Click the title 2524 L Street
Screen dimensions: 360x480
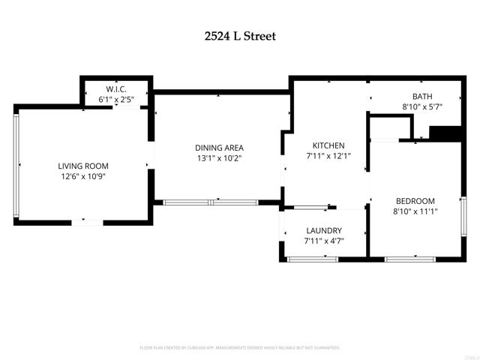(x=240, y=35)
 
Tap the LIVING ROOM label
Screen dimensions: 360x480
(x=83, y=166)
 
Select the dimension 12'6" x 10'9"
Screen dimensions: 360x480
(x=83, y=176)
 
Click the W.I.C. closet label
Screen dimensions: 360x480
(x=117, y=88)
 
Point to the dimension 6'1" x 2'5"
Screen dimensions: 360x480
(x=117, y=98)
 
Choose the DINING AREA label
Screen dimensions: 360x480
(x=219, y=148)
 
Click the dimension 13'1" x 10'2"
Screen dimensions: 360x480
(x=219, y=158)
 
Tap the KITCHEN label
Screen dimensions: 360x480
(x=328, y=145)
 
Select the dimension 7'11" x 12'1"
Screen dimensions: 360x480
(x=328, y=156)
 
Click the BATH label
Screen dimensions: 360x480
(x=421, y=96)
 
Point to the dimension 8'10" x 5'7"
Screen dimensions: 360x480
(x=421, y=106)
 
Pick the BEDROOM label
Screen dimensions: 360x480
(x=415, y=201)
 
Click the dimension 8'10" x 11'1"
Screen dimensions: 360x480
(x=415, y=211)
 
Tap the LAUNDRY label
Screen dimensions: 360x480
(x=324, y=230)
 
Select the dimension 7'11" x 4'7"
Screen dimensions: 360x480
(x=324, y=241)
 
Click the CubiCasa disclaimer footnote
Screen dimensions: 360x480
(x=240, y=348)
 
